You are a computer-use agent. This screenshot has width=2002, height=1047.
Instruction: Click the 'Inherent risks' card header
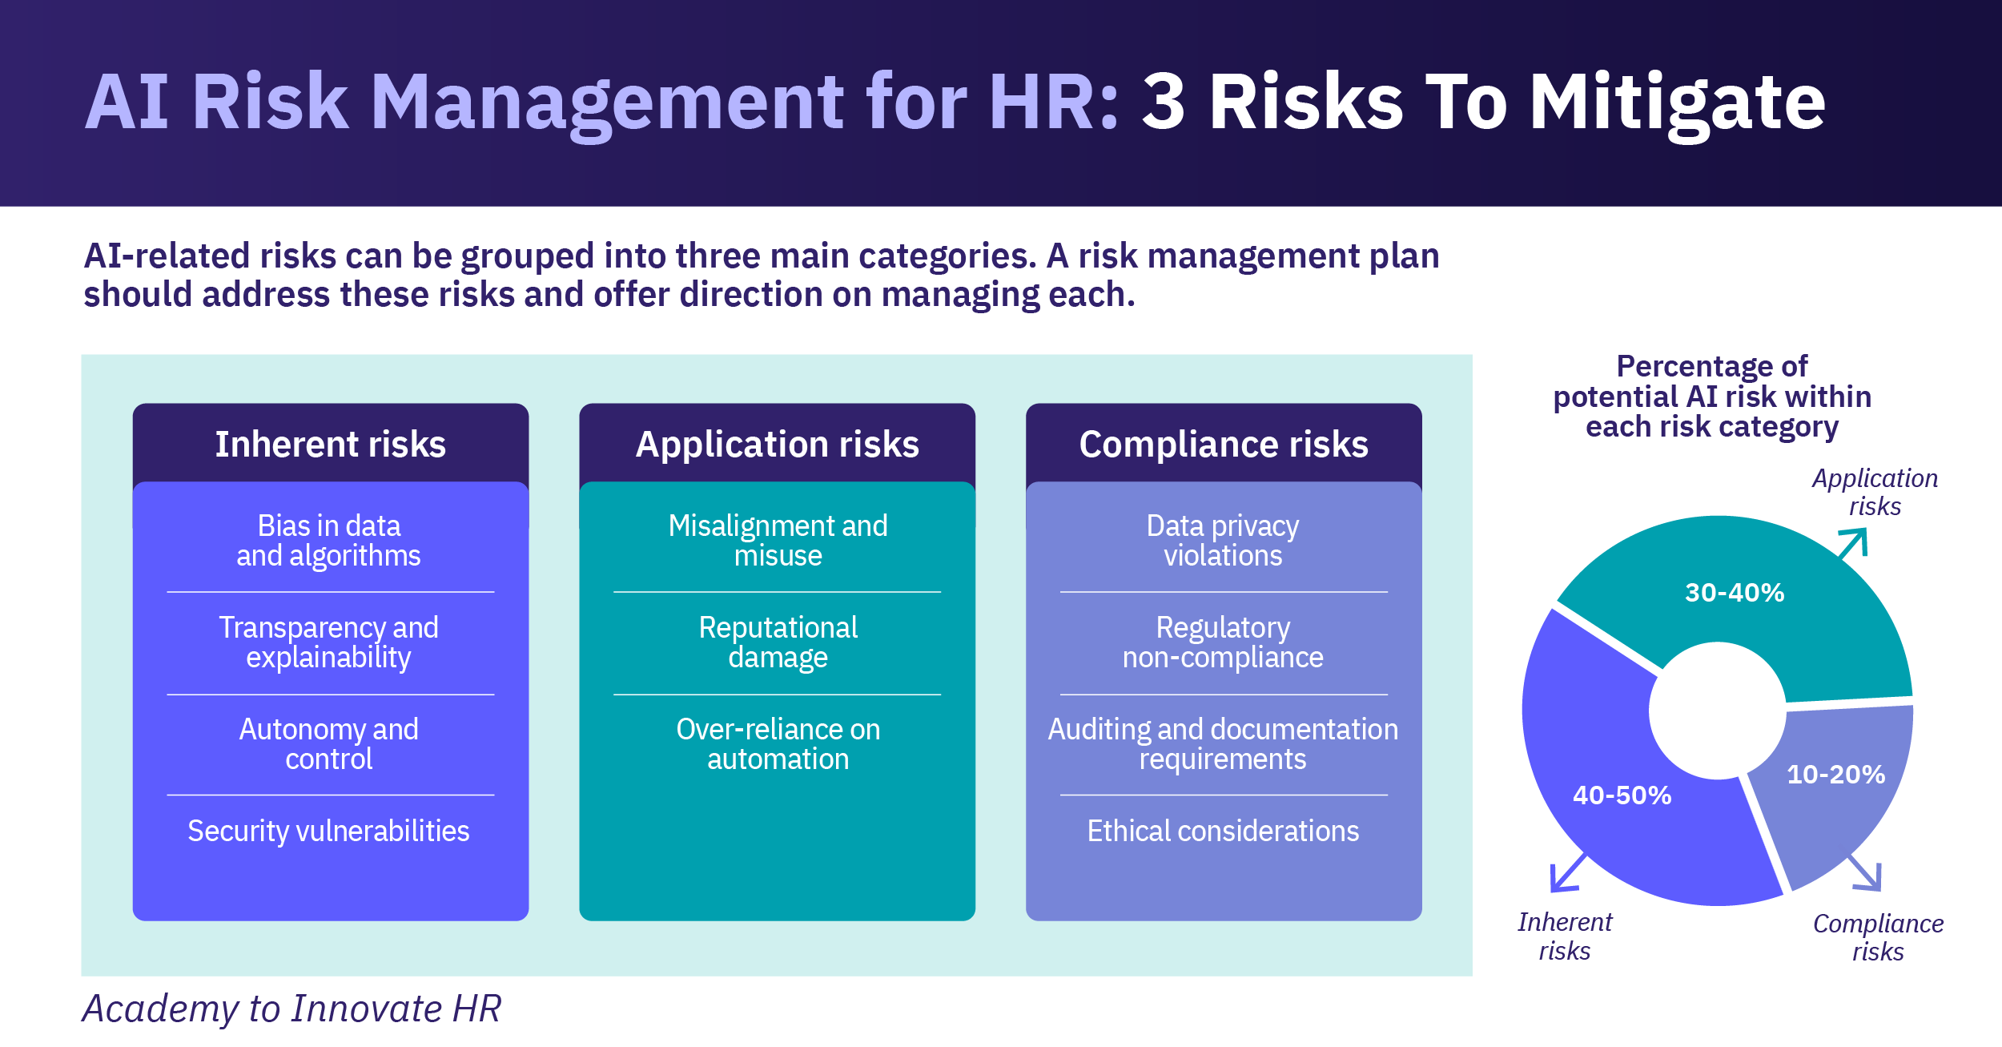point(330,444)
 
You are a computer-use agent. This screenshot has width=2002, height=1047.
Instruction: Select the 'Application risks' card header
point(777,444)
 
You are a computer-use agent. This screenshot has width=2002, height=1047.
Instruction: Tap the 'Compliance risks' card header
point(1224,444)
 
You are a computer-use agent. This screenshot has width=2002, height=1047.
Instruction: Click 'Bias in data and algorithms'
point(329,541)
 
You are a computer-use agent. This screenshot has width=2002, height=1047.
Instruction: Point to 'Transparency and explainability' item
point(329,642)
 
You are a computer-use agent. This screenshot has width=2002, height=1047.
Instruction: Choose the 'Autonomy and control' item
point(329,744)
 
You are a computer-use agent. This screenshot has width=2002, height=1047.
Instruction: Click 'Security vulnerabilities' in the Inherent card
point(329,832)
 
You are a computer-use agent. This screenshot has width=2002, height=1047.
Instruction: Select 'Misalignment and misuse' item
point(778,541)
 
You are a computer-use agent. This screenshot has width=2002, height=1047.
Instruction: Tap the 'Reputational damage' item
point(778,642)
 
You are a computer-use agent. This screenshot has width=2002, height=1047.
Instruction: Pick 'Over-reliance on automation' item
point(778,744)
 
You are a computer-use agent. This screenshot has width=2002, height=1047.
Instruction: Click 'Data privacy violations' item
point(1223,541)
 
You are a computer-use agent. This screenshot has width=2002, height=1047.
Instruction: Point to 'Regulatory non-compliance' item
point(1223,642)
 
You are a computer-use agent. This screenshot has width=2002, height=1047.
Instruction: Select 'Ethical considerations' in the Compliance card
point(1223,832)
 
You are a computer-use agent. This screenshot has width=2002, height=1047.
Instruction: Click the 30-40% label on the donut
point(1735,593)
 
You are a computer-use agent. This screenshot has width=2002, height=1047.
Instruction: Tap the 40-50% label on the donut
point(1622,795)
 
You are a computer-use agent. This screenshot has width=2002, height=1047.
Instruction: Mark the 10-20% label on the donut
point(1836,775)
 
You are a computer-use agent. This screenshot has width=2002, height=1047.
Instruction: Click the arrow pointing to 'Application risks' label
point(1854,544)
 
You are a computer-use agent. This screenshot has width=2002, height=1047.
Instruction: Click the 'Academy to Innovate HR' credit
point(292,1009)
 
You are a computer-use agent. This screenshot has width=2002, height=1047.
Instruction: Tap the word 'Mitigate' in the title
point(1678,103)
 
